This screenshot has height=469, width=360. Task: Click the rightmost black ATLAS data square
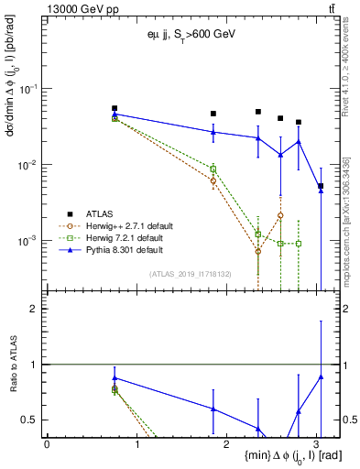(321, 186)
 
